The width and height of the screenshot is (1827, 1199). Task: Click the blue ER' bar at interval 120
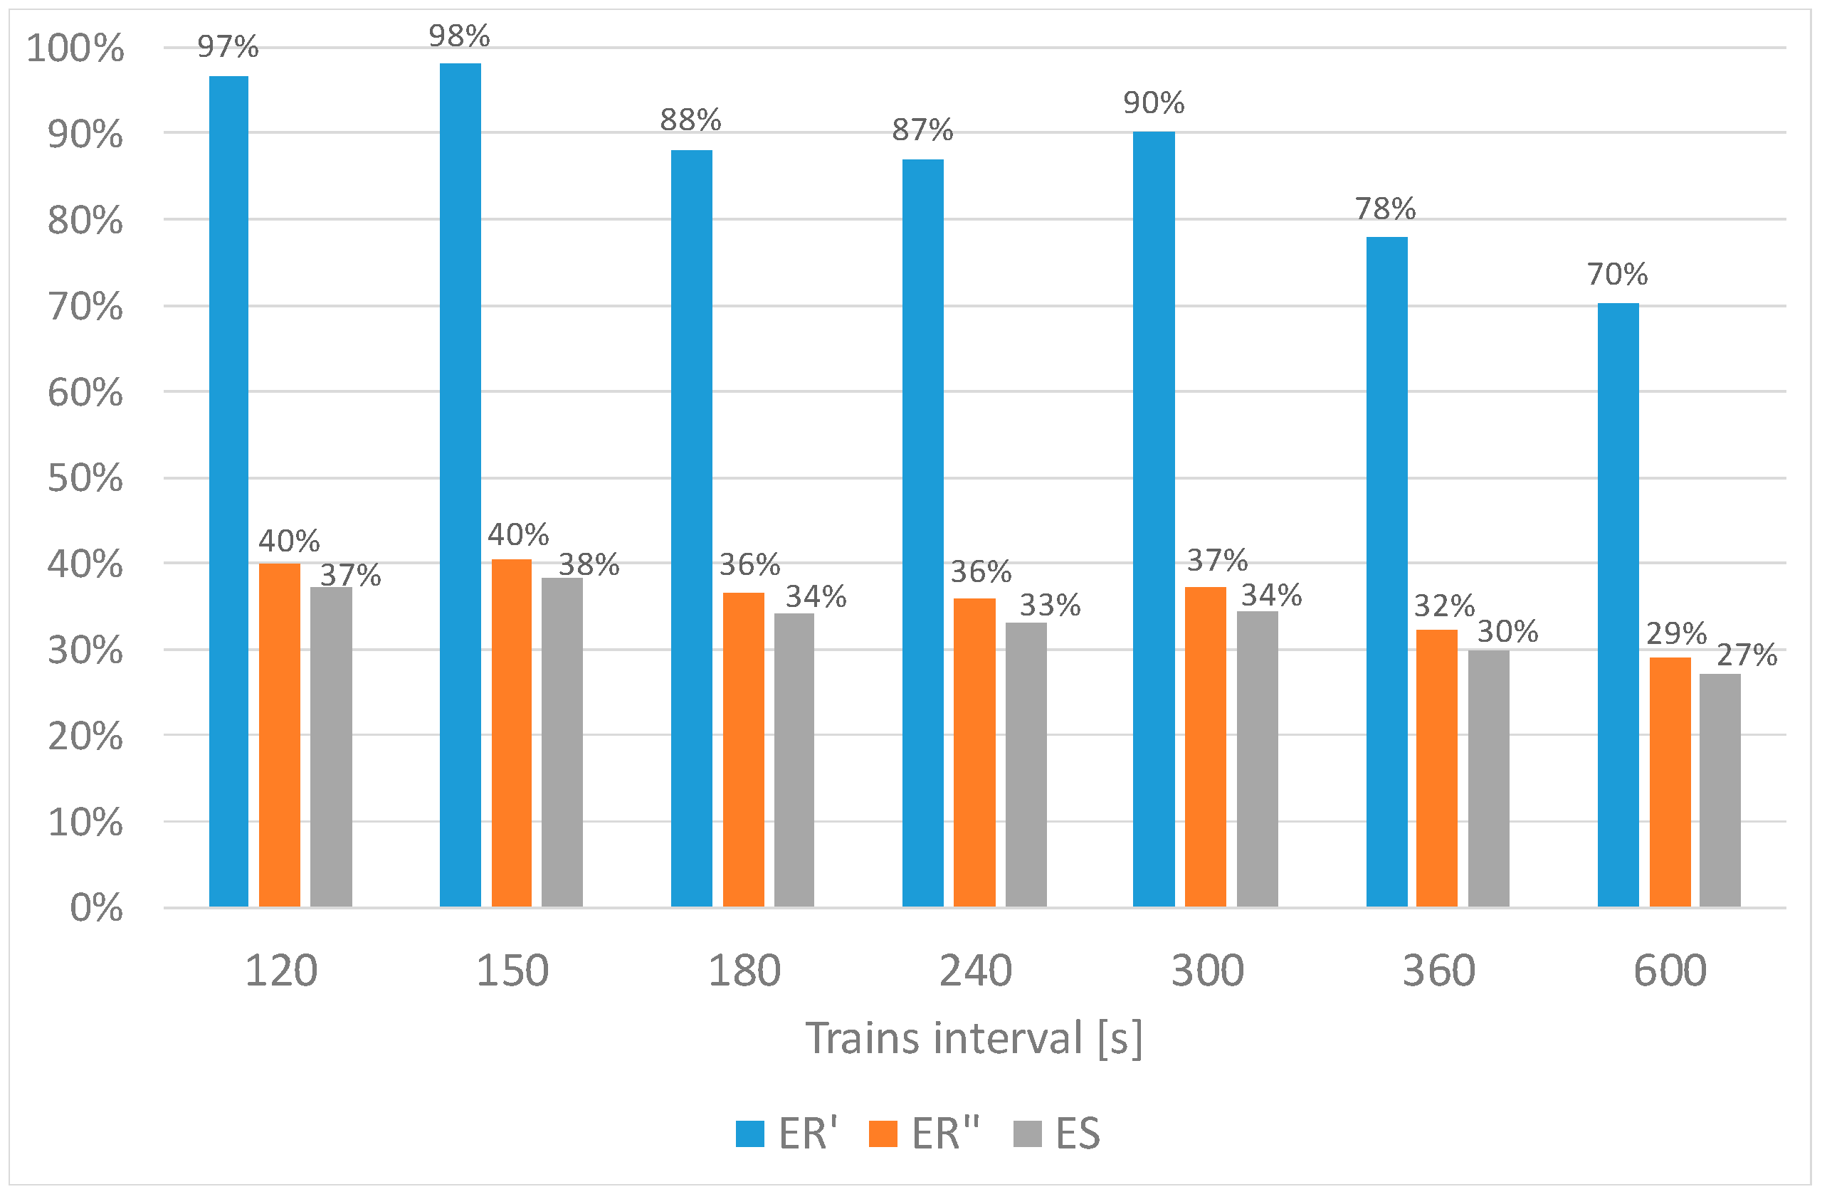228,491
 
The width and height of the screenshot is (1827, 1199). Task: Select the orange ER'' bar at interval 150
511,733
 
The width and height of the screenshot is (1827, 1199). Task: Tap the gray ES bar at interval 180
794,760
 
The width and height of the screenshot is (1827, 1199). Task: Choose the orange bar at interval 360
1436,768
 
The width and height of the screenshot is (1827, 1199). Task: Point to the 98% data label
459,36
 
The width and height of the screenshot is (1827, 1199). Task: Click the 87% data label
922,130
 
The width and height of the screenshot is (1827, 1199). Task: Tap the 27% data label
1747,655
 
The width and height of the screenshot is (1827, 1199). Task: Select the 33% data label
1049,606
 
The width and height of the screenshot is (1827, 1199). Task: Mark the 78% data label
1385,208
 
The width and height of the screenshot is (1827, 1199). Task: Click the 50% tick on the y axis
85,478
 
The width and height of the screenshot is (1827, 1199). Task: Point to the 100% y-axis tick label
75,48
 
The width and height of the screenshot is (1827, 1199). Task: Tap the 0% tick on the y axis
96,908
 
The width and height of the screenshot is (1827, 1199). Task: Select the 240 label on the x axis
976,971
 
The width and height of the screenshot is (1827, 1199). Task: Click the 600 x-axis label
1670,971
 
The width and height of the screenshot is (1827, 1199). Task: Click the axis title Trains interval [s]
974,1039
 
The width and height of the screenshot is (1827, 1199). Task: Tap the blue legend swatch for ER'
749,1134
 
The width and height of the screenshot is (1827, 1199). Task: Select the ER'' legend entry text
946,1134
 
